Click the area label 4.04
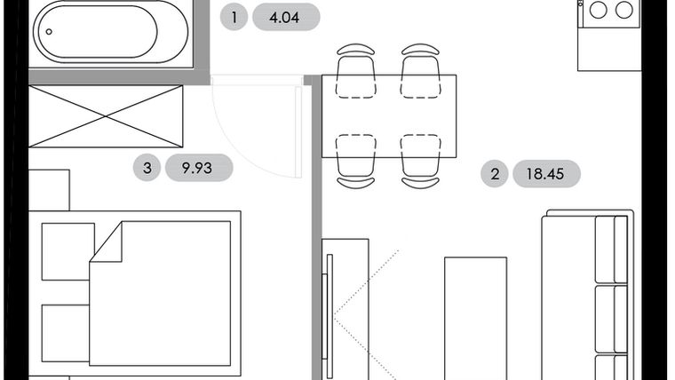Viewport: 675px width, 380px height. [285, 17]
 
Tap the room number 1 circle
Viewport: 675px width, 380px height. [234, 17]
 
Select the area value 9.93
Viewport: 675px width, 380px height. [196, 167]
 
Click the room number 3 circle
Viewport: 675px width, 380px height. [147, 167]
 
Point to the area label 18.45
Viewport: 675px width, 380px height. [544, 173]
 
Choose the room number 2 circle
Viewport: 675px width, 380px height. [495, 173]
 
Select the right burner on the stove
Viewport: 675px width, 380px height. [625, 11]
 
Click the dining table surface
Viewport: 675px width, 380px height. [389, 115]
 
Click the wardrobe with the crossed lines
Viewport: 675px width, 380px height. [106, 116]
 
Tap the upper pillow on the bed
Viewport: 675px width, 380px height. [67, 251]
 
